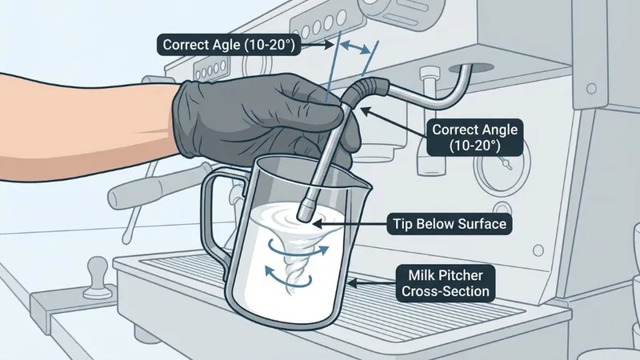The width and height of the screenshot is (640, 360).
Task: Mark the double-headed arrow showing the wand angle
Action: coord(355,49)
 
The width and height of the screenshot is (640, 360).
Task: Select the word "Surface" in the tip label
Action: coord(480,225)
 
